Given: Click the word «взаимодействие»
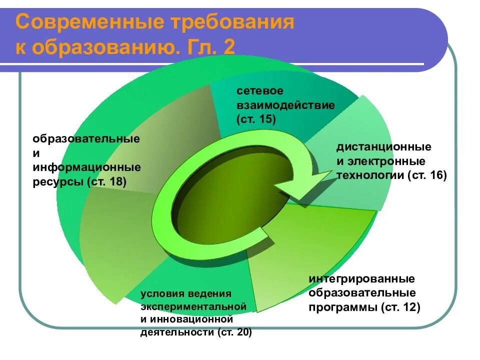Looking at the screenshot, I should point(285,105).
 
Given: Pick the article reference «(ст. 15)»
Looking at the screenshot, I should point(256,119).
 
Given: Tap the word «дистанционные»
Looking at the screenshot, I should point(383,147).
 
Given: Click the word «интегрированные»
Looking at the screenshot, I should point(361,278).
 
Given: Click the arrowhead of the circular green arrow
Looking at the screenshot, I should point(297,187).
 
